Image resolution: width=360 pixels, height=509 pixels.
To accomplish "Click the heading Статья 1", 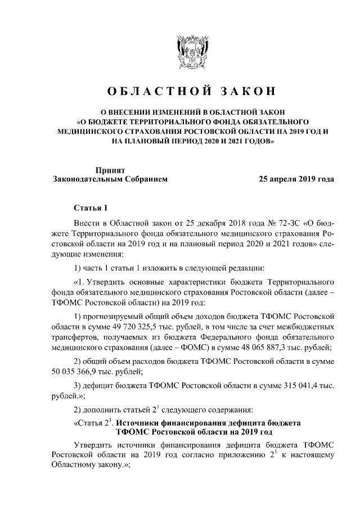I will coord(91,208).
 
